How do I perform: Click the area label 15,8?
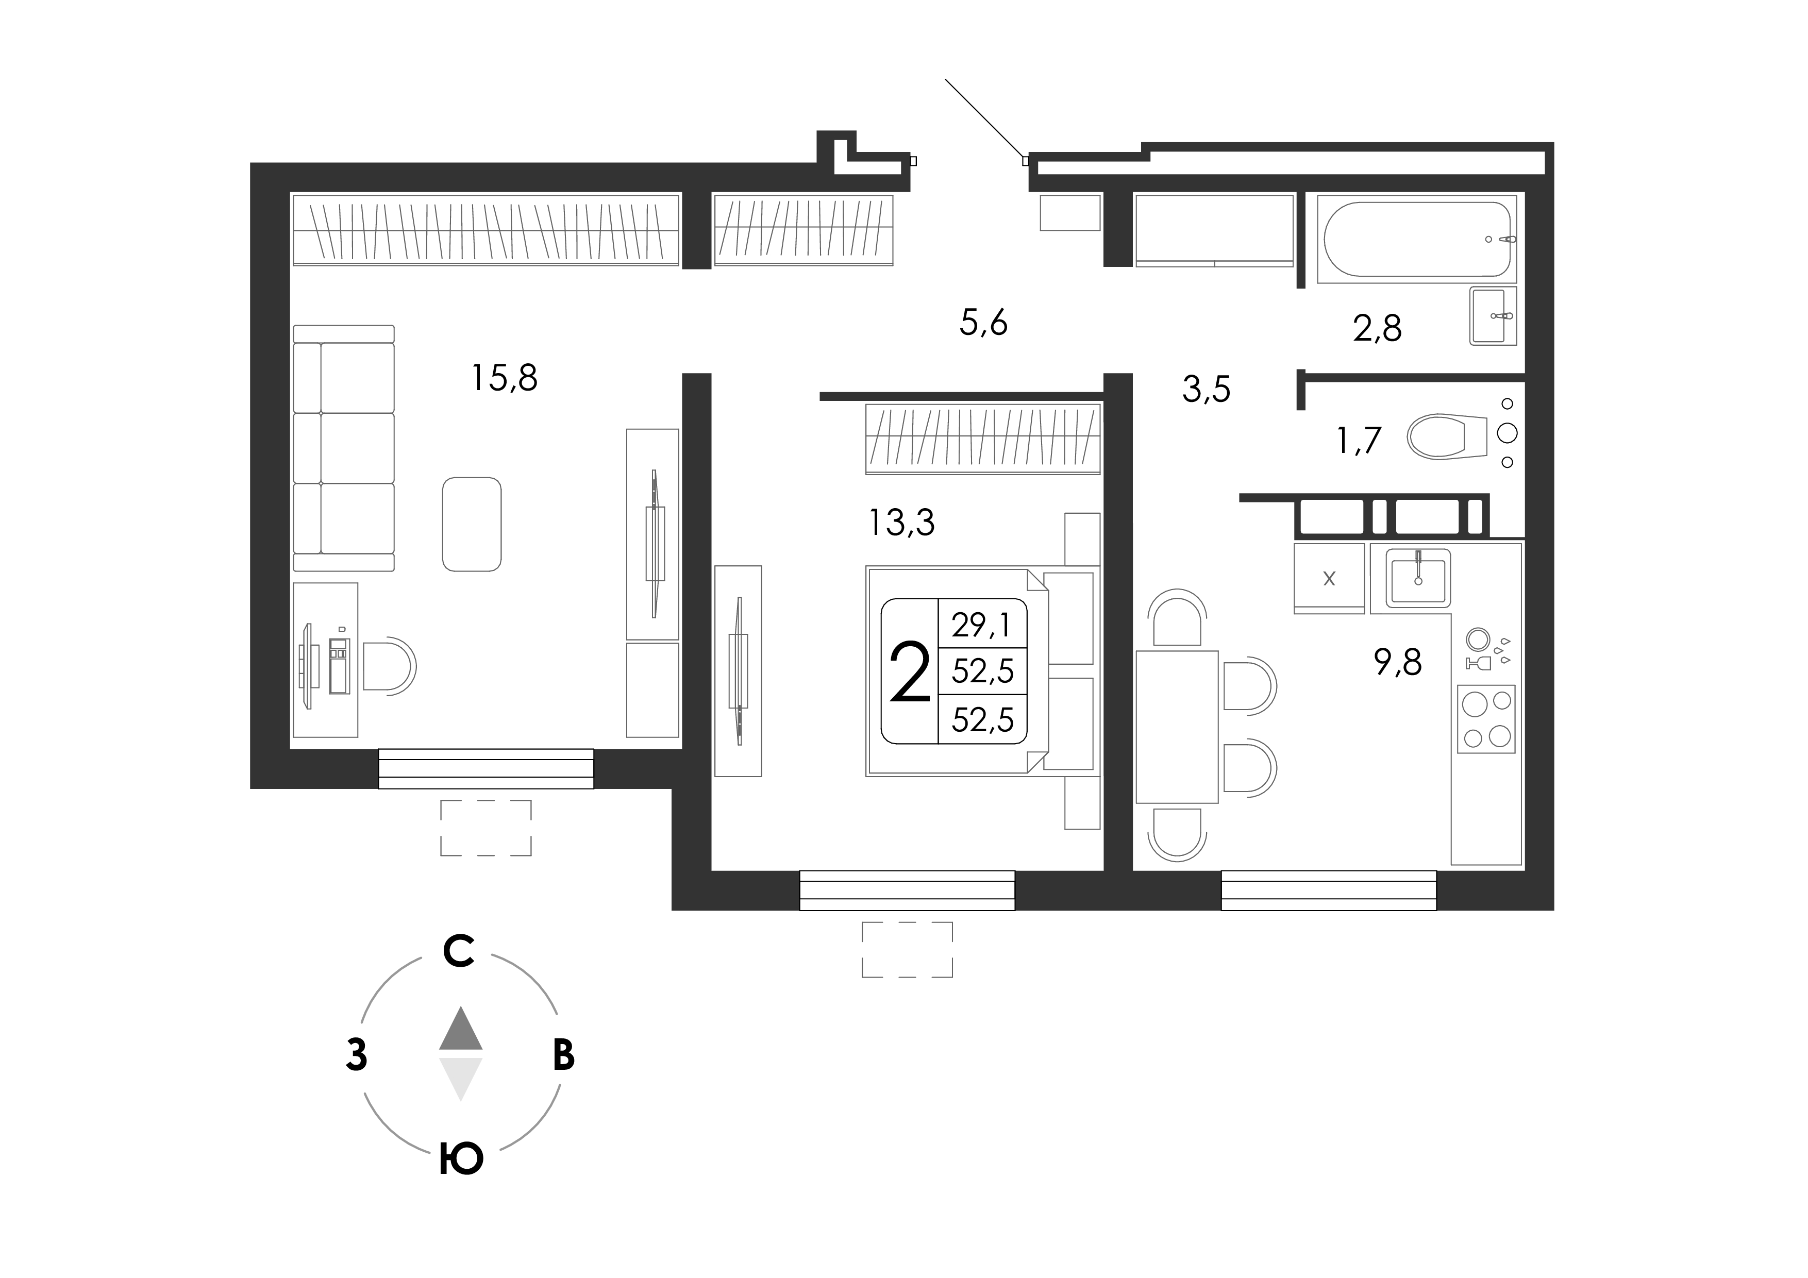tap(504, 378)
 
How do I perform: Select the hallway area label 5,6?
tap(983, 323)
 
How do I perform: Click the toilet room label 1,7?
tap(1359, 440)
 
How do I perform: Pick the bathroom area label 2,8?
tap(1377, 328)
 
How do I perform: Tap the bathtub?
tap(1417, 239)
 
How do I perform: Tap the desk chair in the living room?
tap(390, 666)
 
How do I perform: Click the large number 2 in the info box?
tap(910, 671)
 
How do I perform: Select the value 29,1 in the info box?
tap(982, 625)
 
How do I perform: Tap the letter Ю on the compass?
tap(461, 1159)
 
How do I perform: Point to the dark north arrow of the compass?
tap(461, 1029)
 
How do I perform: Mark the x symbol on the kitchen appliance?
tap(1329, 579)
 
